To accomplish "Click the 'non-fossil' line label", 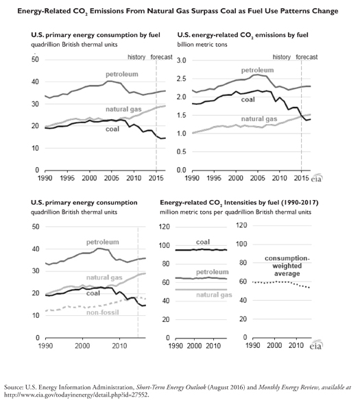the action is coord(103,312).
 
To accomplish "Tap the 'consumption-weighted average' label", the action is coord(287,266).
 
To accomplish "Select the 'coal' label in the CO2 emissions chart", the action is coord(248,99).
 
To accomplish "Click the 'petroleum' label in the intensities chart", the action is coord(213,272).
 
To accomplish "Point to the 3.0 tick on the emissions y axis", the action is coord(181,60).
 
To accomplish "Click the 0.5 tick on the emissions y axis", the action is coord(181,152).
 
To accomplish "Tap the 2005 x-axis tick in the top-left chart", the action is coord(112,178).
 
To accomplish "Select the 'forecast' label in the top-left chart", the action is coord(161,57).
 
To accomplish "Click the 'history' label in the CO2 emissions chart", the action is coord(282,57).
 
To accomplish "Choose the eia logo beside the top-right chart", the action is coord(317,179).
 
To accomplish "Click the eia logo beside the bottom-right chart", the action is coord(316,346).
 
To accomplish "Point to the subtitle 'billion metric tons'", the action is coord(202,45).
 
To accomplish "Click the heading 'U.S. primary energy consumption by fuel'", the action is coord(95,35).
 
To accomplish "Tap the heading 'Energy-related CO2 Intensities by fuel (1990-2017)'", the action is coord(239,203).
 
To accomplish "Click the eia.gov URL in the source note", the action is coord(76,395).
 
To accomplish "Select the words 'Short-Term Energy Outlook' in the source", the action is coord(171,388).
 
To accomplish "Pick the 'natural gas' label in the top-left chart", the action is coord(123,110).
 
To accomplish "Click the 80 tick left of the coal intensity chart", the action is coord(165,264).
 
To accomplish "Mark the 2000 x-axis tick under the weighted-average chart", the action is coord(274,345).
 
